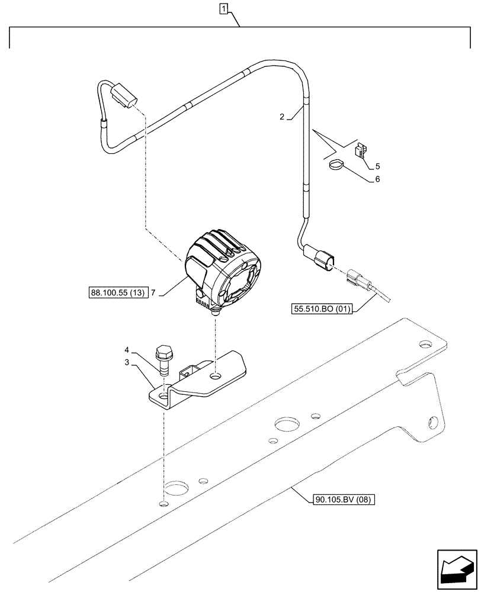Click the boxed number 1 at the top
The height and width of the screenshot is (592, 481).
(x=223, y=8)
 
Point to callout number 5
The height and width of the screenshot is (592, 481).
(x=377, y=166)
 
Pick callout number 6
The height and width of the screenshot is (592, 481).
(x=377, y=178)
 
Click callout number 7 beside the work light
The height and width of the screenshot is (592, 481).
(x=153, y=292)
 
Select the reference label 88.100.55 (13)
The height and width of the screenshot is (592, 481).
(x=118, y=292)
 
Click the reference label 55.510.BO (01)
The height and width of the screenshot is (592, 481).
(x=322, y=308)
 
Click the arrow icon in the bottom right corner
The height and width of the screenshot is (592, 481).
(x=457, y=569)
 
